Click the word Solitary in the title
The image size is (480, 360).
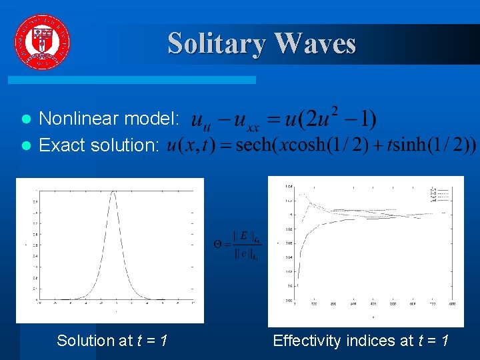[215, 43]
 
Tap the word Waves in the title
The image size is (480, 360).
[315, 43]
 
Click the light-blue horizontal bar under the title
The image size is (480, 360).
[132, 79]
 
